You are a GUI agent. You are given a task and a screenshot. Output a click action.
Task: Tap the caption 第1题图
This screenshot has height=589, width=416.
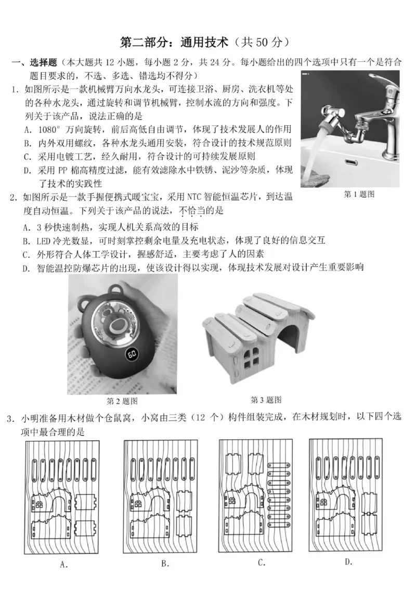click(x=359, y=194)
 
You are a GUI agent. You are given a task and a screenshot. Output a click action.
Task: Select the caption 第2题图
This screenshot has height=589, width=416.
click(x=122, y=401)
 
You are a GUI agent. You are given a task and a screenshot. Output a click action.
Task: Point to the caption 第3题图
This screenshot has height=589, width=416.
click(x=266, y=400)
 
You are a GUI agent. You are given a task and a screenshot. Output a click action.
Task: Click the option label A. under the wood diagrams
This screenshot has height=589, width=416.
click(x=64, y=564)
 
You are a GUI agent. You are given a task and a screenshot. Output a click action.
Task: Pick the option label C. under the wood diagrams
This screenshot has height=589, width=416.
click(x=262, y=562)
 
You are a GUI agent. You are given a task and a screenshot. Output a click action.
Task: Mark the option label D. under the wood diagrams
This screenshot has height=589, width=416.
click(x=349, y=561)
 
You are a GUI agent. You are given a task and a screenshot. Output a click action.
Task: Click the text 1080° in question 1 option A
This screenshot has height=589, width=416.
click(x=50, y=129)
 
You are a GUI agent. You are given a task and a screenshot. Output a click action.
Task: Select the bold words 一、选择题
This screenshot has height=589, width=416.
click(x=35, y=62)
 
